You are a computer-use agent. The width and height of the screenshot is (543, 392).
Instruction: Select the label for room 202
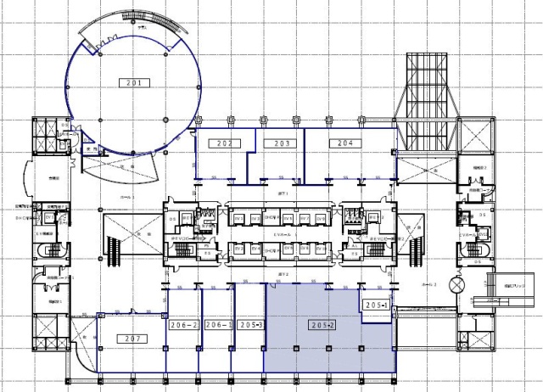[x=225, y=143]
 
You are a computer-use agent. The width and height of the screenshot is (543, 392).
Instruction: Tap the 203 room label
[x=282, y=143]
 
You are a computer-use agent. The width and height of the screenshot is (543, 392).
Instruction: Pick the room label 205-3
[x=250, y=324]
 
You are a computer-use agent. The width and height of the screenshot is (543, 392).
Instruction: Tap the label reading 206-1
[x=218, y=324]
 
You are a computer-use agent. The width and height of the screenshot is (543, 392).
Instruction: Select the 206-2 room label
[x=184, y=324]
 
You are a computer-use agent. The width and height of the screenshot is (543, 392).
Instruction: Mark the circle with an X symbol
[x=459, y=286]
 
